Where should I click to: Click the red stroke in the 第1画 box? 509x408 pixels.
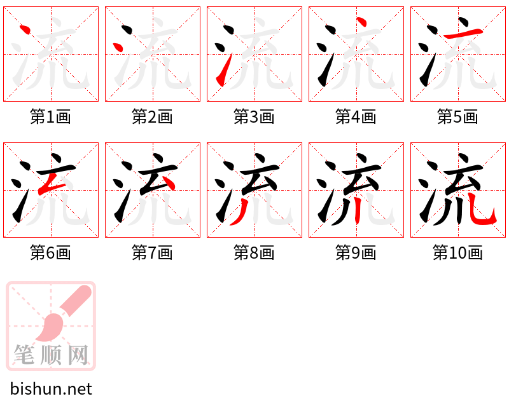coord(25,29)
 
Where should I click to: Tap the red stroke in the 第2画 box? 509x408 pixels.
coord(118,47)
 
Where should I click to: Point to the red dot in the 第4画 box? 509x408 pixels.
coord(361,22)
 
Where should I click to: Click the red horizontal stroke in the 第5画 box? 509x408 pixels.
coord(463,34)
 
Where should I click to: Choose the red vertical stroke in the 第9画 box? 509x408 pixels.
coord(358,211)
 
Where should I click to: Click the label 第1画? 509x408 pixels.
coord(51,117)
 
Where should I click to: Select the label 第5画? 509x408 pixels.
coord(457,117)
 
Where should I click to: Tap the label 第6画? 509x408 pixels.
coord(51,253)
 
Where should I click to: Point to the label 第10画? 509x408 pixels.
coord(457,253)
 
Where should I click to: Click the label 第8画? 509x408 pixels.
coord(254,253)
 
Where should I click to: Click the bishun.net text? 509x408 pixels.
coord(51,389)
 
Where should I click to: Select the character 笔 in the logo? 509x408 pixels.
coord(24,355)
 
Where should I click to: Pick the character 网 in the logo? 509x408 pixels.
coord(78,355)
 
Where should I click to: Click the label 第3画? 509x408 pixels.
coord(254,117)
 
